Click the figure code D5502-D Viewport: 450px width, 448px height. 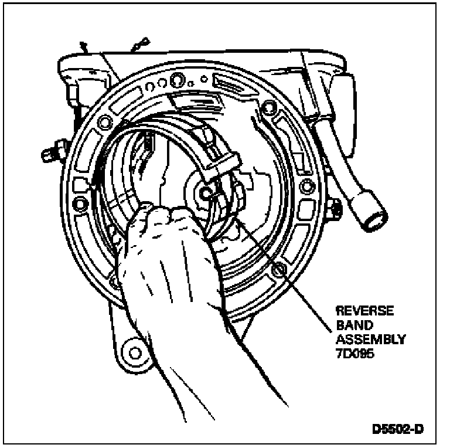tap(398, 429)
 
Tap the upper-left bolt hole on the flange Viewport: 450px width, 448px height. tap(107, 122)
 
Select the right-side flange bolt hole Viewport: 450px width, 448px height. tap(305, 187)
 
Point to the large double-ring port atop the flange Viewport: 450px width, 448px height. tap(176, 79)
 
